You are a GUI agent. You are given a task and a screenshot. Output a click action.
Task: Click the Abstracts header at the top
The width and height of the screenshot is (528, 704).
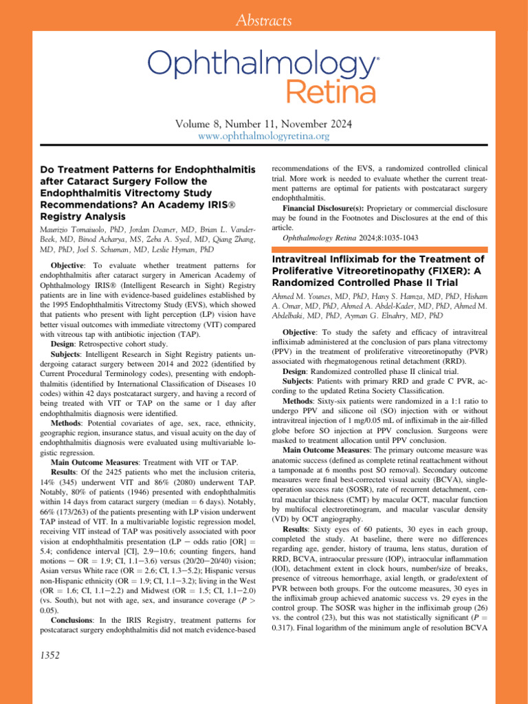[264, 21]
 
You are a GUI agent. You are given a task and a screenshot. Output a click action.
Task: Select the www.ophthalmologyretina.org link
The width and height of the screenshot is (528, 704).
[264, 137]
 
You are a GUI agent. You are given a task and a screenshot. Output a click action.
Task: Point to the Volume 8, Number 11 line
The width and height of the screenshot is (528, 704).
[264, 124]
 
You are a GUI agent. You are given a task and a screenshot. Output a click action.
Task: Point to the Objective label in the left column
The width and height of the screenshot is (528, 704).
[70, 263]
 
